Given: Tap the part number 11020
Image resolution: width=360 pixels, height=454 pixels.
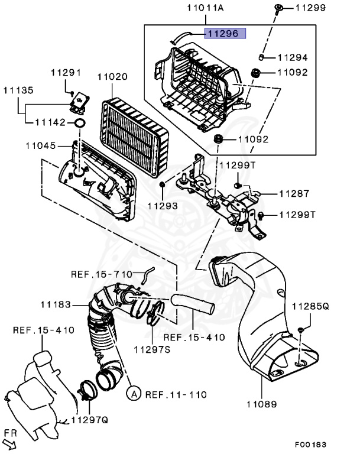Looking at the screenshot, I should point(112,77).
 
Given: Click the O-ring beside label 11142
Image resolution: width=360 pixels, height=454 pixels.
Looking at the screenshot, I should point(78,124).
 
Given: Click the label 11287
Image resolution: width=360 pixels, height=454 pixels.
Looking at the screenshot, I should point(295,193).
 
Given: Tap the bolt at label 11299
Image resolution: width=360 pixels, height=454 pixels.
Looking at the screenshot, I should point(278,8).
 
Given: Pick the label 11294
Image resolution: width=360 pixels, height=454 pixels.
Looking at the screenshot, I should point(294,58).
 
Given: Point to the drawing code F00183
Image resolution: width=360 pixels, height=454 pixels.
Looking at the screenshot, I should point(310,444).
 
